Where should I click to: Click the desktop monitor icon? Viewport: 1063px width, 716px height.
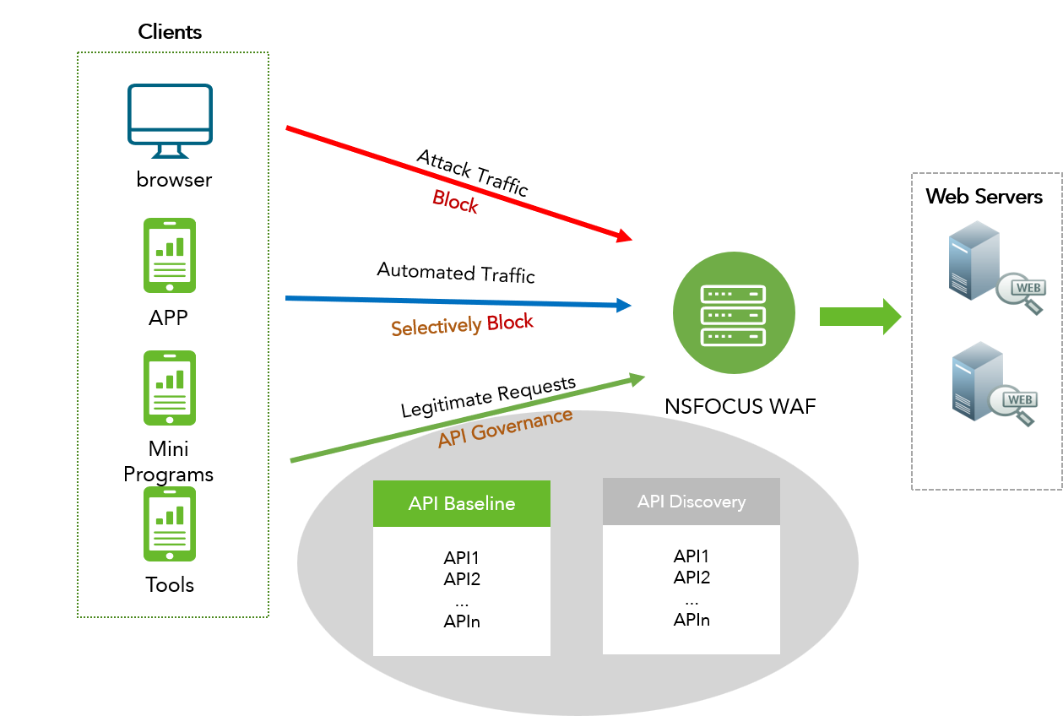tap(170, 120)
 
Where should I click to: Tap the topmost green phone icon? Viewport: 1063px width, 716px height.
tap(170, 256)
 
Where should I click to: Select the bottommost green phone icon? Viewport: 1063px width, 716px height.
tap(170, 523)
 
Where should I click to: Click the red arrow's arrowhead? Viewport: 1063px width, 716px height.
tap(624, 236)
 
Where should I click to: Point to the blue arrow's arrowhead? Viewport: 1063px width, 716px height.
tap(624, 305)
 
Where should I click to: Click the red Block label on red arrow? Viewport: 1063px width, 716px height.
tap(455, 202)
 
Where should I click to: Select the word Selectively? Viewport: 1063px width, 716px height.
tap(437, 327)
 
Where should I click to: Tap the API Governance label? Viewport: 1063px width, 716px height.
tap(505, 428)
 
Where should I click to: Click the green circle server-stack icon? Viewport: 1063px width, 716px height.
tap(734, 313)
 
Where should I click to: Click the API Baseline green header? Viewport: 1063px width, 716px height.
tap(462, 504)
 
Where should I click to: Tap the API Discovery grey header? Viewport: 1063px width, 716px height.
tap(691, 502)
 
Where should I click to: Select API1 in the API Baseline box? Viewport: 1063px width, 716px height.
tap(462, 558)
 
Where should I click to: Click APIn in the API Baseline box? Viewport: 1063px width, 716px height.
tap(462, 622)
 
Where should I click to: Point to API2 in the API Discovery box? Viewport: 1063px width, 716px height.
tap(691, 578)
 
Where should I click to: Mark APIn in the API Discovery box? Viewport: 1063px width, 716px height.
tap(691, 621)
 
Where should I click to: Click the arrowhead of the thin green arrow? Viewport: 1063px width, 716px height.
tap(637, 379)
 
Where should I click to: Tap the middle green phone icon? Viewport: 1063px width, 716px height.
tap(170, 388)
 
